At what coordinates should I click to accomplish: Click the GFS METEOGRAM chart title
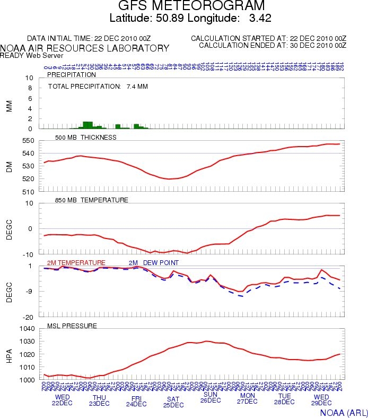click(183, 6)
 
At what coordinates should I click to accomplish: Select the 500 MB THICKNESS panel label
click(85, 138)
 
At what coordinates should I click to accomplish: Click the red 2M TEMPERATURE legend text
click(76, 263)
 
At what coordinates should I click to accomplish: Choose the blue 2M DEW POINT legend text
click(154, 263)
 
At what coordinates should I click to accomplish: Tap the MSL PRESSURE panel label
click(72, 326)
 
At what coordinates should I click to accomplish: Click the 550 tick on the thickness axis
click(28, 141)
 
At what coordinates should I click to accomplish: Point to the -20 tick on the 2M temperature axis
click(29, 317)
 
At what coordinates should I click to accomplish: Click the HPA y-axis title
click(8, 354)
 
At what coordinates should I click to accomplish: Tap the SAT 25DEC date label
click(173, 402)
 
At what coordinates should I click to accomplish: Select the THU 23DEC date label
click(99, 400)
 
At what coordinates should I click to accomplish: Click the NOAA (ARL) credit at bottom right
click(342, 412)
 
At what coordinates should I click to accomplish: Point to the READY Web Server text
click(31, 55)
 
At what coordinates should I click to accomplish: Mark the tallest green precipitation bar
click(88, 125)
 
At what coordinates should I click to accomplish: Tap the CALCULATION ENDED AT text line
click(273, 45)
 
